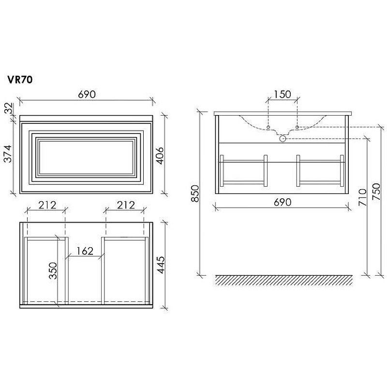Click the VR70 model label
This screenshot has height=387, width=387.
20,80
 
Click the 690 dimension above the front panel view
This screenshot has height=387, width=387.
87,94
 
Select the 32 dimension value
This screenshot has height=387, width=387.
8,108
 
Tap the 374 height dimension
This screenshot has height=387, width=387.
8,153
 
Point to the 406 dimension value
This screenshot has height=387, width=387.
161,155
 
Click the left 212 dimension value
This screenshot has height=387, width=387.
47,205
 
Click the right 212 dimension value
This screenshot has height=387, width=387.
126,205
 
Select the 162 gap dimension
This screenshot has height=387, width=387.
85,251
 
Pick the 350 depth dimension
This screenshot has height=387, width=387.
53,271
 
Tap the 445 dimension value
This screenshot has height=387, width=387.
161,265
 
